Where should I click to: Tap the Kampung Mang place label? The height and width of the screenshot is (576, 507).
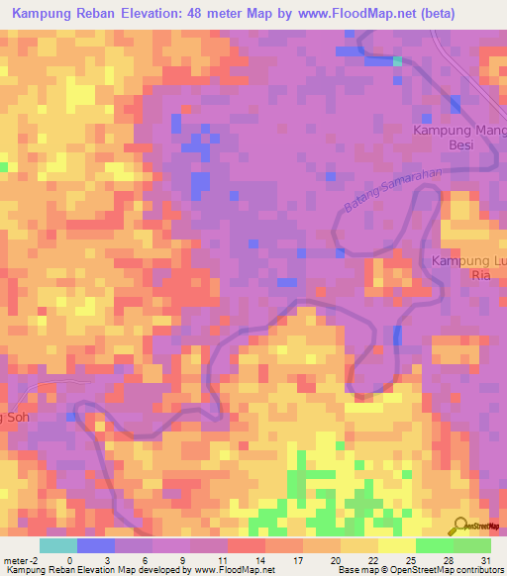coord(459,130)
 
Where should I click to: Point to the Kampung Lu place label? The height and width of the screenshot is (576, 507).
coord(468,260)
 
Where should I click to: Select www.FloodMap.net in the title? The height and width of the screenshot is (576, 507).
coord(380,16)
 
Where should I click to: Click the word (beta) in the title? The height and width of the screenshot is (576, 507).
coord(467,16)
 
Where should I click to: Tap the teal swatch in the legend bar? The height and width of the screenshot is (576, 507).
coord(57,545)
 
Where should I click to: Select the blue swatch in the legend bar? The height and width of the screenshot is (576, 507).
coord(95,545)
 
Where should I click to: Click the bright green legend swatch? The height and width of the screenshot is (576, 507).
coord(434,545)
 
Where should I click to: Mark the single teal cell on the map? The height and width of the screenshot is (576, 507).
coord(397,61)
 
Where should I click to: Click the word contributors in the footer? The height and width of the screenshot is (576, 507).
coord(475,570)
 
